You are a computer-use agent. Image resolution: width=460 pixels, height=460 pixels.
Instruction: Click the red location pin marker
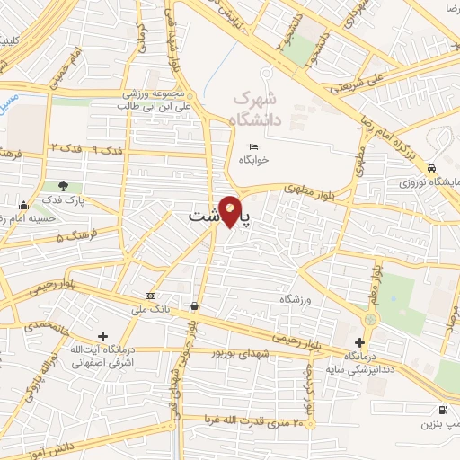click(x=231, y=213)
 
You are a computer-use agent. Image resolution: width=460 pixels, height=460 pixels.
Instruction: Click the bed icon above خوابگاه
click(x=254, y=146)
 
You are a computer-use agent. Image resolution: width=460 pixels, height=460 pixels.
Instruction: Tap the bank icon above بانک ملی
click(x=149, y=296)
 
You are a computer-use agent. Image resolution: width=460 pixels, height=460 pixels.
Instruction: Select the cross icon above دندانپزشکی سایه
click(x=359, y=342)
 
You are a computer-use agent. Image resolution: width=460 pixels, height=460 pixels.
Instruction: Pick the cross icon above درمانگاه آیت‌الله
click(x=103, y=336)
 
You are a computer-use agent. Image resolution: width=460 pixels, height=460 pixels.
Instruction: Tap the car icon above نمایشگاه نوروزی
click(x=433, y=168)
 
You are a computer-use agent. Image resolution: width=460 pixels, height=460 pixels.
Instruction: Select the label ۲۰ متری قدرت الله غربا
click(x=250, y=418)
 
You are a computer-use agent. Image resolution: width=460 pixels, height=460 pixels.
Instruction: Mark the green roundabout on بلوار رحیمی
click(x=370, y=319)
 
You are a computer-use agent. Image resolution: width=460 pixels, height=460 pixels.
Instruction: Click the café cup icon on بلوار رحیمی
click(x=195, y=306)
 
